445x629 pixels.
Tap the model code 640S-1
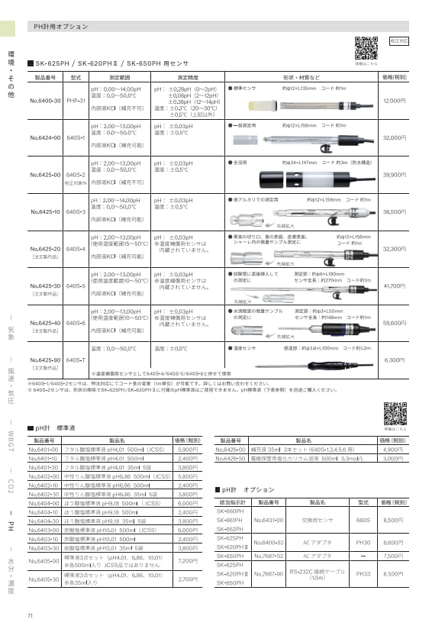point(76,137)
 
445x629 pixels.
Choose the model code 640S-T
point(76,359)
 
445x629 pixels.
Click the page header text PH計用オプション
point(61,26)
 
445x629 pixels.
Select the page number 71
point(30,615)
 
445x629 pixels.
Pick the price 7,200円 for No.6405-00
point(188,539)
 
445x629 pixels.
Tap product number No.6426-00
point(236,450)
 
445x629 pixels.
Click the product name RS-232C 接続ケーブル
point(318,573)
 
